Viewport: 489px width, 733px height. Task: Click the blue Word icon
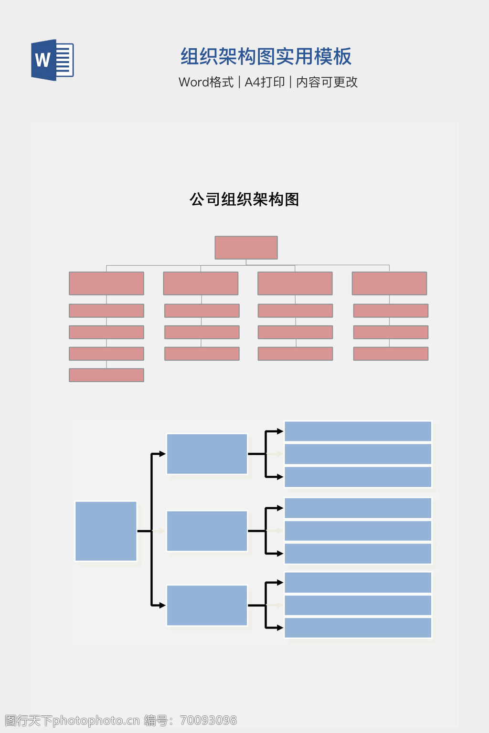tap(52, 60)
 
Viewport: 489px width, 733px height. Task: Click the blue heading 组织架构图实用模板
tap(266, 57)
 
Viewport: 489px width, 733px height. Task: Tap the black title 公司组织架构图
tap(244, 199)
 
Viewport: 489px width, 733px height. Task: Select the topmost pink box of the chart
tap(246, 248)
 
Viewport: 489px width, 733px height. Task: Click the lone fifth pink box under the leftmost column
tap(106, 375)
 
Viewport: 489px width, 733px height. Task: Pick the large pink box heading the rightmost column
tap(389, 283)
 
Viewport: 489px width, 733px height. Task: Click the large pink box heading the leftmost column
tap(106, 283)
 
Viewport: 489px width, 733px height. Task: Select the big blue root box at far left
tap(106, 531)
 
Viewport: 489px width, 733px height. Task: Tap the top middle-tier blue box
tap(207, 454)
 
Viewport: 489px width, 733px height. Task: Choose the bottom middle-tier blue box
tap(207, 605)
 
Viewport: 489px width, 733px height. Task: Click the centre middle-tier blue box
tap(207, 531)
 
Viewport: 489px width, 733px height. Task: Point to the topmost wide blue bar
tap(358, 431)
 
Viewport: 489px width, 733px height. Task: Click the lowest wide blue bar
tap(358, 628)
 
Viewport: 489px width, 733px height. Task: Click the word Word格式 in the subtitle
tap(206, 82)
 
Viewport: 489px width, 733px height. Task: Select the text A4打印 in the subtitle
tap(265, 82)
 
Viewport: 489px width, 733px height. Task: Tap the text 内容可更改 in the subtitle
tap(327, 82)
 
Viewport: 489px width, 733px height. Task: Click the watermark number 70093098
tap(208, 720)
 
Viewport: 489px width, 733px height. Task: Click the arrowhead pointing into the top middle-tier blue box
tap(162, 454)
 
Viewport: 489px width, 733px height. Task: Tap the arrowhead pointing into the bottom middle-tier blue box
tap(162, 605)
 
